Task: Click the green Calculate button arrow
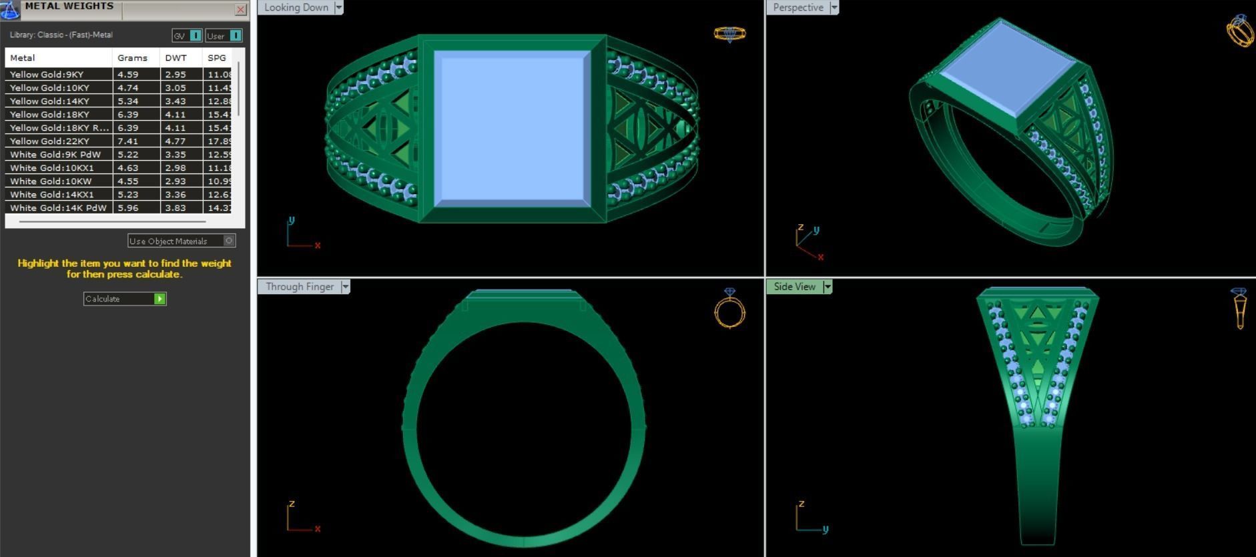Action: pyautogui.click(x=160, y=299)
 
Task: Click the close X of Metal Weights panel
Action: pyautogui.click(x=240, y=9)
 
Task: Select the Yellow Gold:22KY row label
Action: pyautogui.click(x=49, y=141)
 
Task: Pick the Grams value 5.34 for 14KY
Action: pyautogui.click(x=127, y=101)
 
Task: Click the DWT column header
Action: pyautogui.click(x=176, y=58)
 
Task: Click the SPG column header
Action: pyautogui.click(x=217, y=58)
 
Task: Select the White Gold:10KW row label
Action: pyautogui.click(x=51, y=181)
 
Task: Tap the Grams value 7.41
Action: pyautogui.click(x=127, y=141)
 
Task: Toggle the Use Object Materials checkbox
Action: pyautogui.click(x=229, y=241)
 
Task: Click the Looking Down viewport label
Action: pyautogui.click(x=296, y=7)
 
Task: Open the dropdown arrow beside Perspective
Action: pyautogui.click(x=834, y=7)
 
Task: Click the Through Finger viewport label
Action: pyautogui.click(x=299, y=287)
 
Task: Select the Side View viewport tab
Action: pyautogui.click(x=794, y=287)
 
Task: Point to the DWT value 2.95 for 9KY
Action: pyautogui.click(x=176, y=74)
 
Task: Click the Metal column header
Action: pyautogui.click(x=23, y=58)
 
